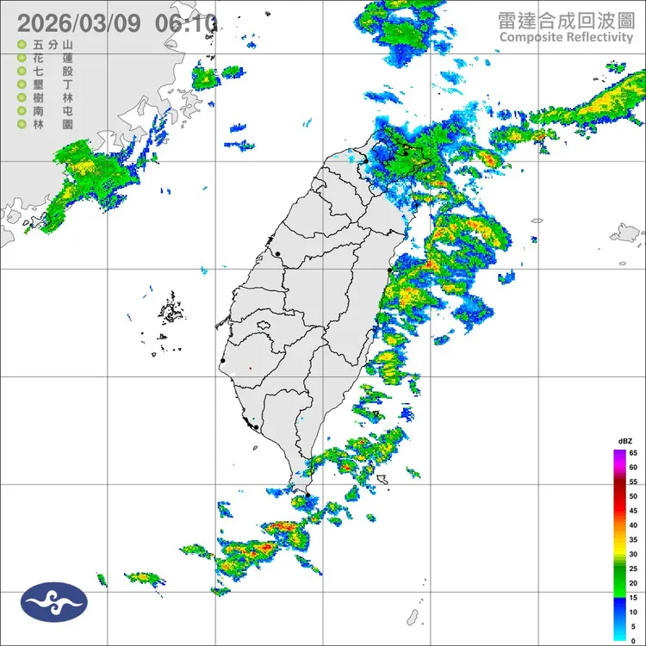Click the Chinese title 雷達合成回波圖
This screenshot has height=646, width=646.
click(x=565, y=20)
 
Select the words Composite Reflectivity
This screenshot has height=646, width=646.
click(x=565, y=37)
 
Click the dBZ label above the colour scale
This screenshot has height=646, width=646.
click(x=625, y=441)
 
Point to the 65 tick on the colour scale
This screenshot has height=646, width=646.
click(x=633, y=452)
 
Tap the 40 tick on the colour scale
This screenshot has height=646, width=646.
click(x=633, y=525)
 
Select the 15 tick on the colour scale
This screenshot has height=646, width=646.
click(x=633, y=597)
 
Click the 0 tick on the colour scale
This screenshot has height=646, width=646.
click(x=633, y=640)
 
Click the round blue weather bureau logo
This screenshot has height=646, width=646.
click(x=54, y=602)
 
